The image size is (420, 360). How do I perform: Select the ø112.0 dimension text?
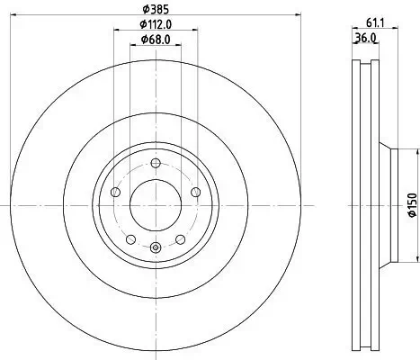(x=155, y=25)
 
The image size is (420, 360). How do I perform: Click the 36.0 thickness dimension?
(x=364, y=39)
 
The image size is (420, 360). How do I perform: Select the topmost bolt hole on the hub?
(x=155, y=164)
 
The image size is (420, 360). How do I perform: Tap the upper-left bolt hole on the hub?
(x=114, y=193)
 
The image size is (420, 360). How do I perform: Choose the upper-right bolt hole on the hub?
(x=195, y=193)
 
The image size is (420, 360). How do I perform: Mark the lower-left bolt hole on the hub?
(x=130, y=239)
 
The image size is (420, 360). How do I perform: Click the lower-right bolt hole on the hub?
(x=180, y=239)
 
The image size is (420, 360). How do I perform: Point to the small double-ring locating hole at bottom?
(x=155, y=249)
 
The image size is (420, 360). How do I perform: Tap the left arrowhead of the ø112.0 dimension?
(x=116, y=32)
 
